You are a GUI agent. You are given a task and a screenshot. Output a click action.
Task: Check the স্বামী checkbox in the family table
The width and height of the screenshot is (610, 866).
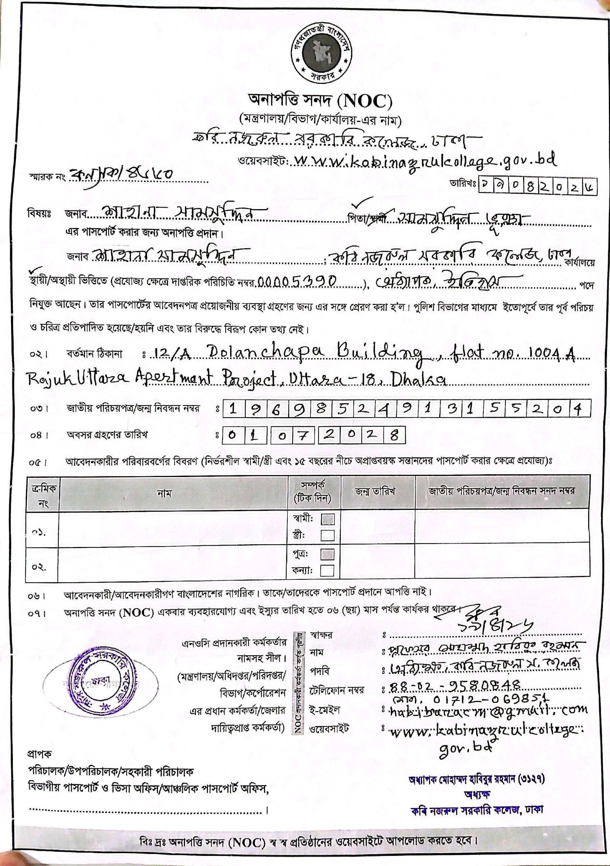[x=327, y=520]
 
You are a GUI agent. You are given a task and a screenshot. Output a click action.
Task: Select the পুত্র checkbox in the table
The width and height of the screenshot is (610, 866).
[x=327, y=555]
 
